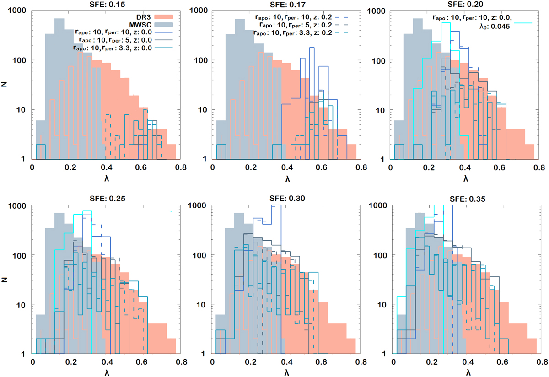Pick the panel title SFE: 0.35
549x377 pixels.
coord(463,199)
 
